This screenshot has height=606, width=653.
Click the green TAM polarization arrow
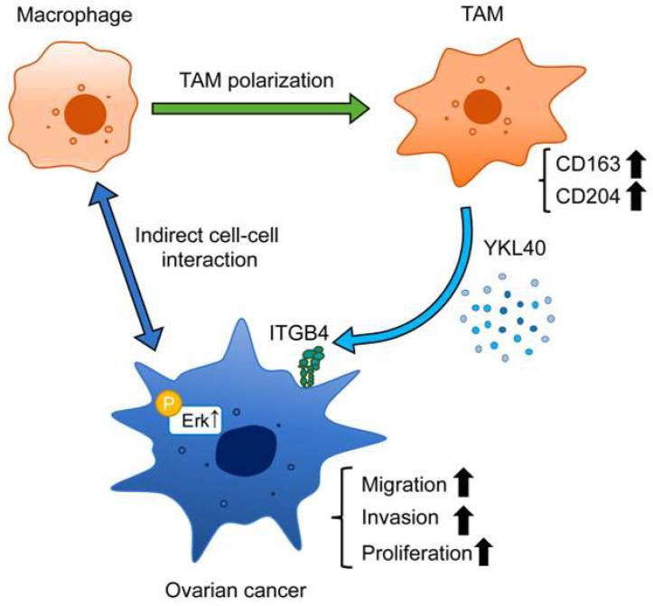pyautogui.click(x=261, y=108)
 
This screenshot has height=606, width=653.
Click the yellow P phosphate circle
pyautogui.click(x=168, y=403)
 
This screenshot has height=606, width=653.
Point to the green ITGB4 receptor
pyautogui.click(x=311, y=367)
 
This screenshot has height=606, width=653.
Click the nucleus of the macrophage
pyautogui.click(x=86, y=114)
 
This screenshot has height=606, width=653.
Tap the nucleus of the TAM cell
pyautogui.click(x=482, y=106)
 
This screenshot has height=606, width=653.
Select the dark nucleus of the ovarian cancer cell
pyautogui.click(x=247, y=451)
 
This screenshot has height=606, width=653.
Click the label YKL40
pyautogui.click(x=515, y=248)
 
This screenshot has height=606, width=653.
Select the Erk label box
pyautogui.click(x=194, y=420)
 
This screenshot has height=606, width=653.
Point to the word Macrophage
pyautogui.click(x=75, y=15)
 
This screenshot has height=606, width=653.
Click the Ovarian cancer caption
pyautogui.click(x=236, y=590)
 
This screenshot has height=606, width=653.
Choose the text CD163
pyautogui.click(x=588, y=164)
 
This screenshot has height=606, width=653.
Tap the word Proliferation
pyautogui.click(x=417, y=553)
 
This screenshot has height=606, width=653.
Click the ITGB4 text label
pyautogui.click(x=300, y=333)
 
